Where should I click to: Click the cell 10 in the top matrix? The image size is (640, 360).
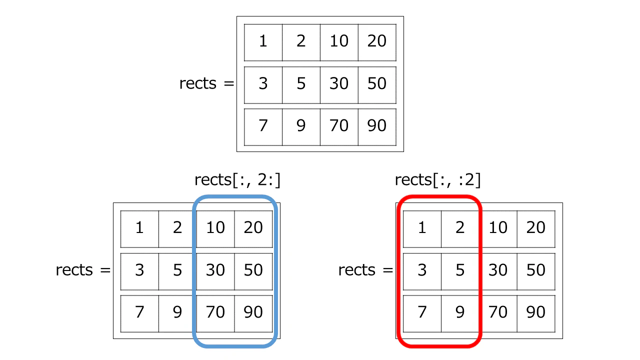[339, 42]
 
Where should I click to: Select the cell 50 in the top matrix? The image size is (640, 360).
[377, 85]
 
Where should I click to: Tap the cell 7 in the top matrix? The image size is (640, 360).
[263, 127]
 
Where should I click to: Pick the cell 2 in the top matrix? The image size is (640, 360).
[301, 42]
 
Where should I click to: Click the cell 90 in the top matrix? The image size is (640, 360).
[377, 127]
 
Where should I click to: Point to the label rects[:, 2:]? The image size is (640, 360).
[237, 180]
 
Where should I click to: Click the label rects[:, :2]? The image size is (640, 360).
[437, 180]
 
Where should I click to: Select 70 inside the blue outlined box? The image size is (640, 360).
[215, 313]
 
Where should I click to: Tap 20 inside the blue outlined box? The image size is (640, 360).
[253, 229]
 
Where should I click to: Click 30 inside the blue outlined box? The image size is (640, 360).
[215, 271]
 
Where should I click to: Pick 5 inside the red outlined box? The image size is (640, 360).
[460, 271]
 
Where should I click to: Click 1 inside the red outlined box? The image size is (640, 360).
[422, 229]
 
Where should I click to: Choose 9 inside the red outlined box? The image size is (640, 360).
[460, 313]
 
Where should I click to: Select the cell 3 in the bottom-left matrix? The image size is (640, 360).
[139, 271]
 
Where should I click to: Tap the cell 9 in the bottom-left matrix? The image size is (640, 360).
[177, 313]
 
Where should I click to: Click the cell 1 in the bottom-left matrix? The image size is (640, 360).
[139, 229]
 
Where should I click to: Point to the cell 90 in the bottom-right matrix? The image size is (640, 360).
[536, 313]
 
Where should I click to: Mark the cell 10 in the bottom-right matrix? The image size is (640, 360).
[498, 229]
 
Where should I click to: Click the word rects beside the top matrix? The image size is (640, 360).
[197, 83]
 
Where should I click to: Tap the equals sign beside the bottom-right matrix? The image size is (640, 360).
[387, 270]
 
